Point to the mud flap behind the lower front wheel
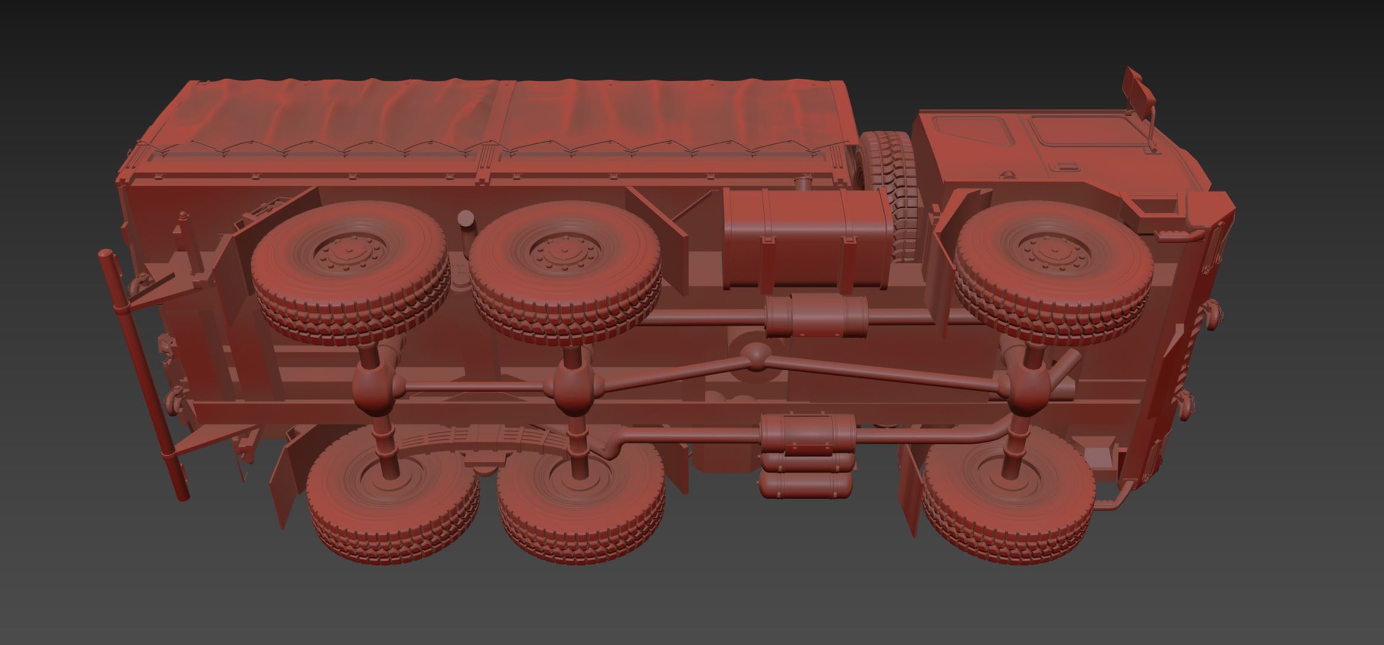[910, 490]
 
